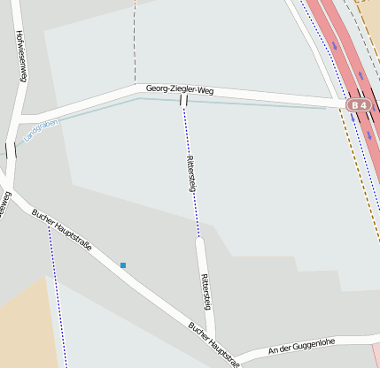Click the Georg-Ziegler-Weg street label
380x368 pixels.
point(182,89)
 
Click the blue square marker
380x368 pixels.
point(123,265)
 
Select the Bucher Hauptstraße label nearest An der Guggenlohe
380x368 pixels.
point(213,342)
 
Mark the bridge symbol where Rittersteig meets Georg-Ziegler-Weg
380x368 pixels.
point(183,100)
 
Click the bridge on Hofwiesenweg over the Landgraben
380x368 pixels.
point(11,150)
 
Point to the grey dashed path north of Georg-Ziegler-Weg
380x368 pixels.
point(135,44)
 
